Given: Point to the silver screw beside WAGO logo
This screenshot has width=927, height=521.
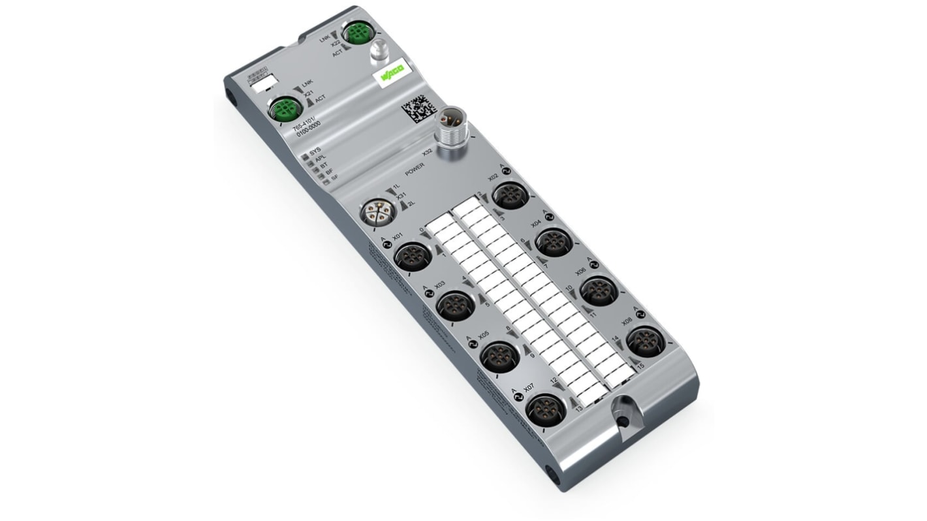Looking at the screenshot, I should point(379,52).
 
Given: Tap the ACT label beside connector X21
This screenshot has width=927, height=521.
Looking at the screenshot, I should point(320,99).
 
